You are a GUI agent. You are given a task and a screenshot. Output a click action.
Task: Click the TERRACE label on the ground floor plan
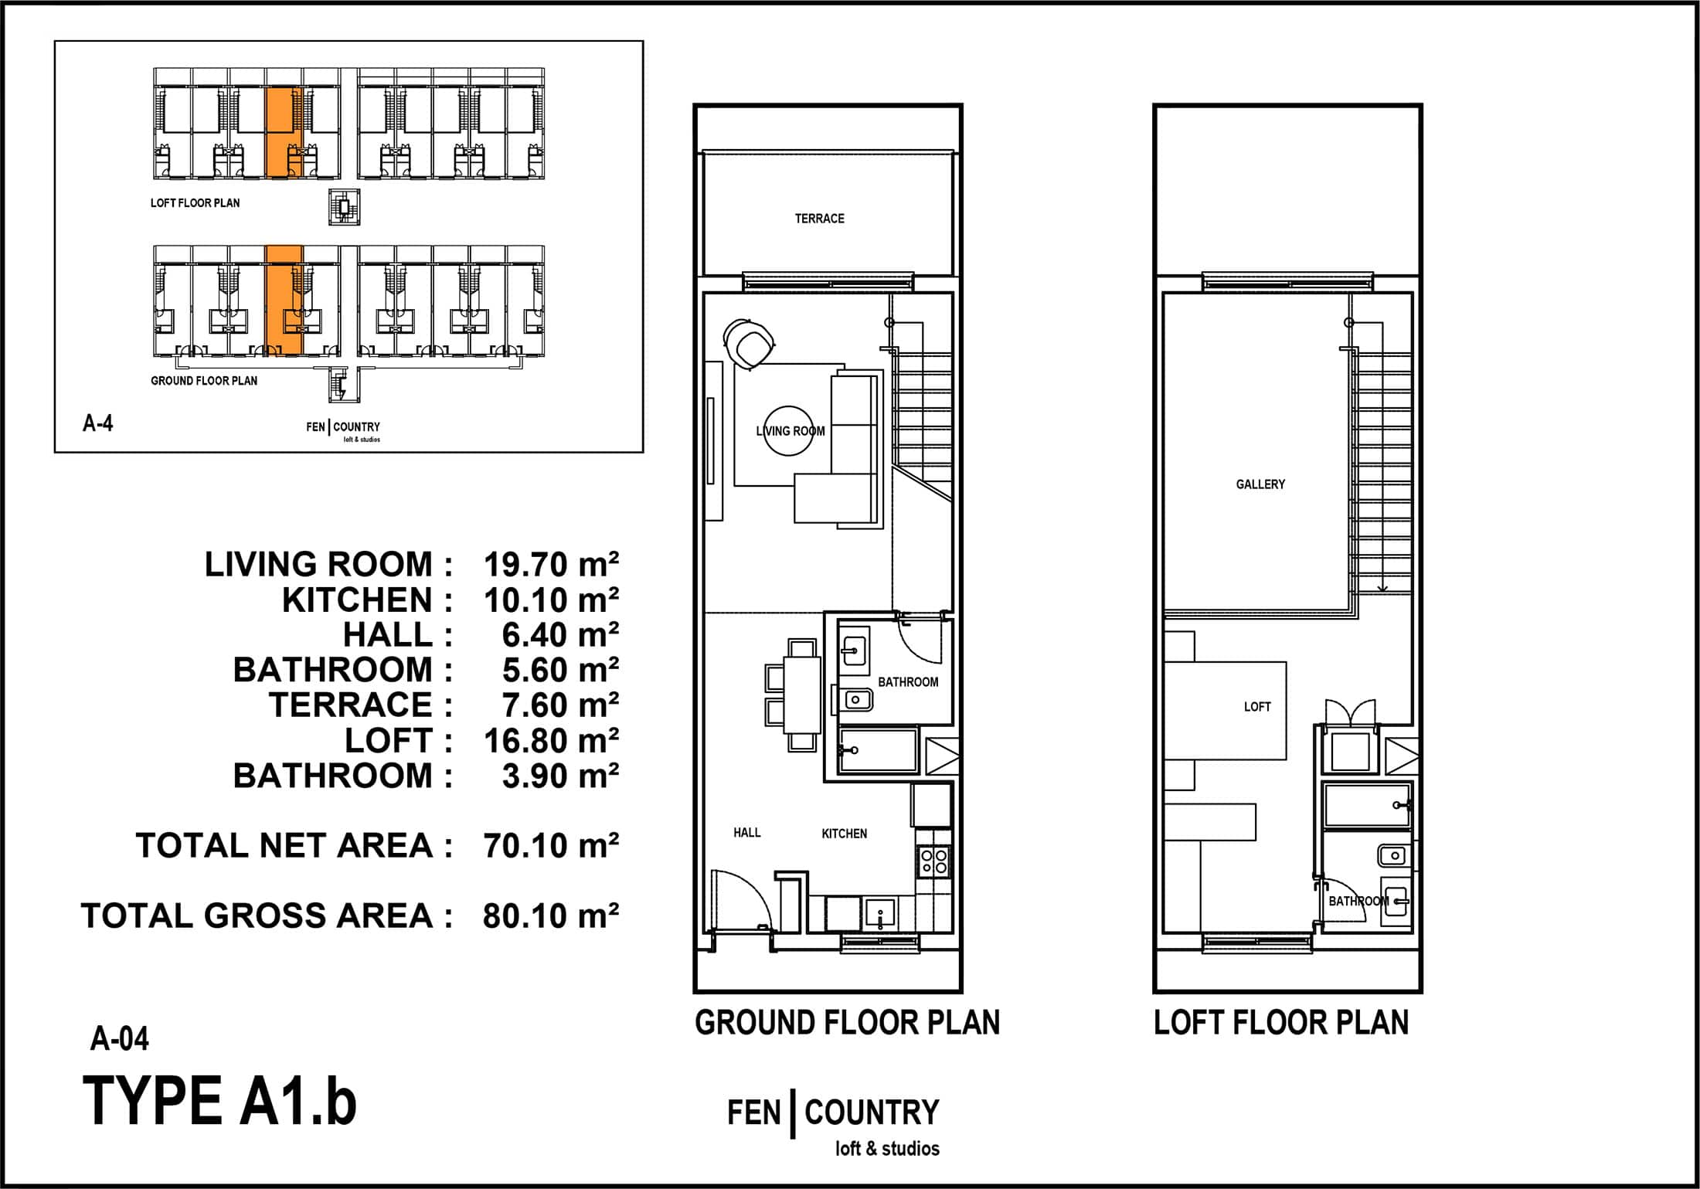tap(819, 219)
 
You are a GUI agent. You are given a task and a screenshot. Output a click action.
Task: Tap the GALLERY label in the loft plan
tap(1260, 484)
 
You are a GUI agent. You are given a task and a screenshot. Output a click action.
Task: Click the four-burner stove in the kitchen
tap(933, 861)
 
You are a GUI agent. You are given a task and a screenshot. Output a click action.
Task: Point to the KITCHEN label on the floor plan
tap(844, 834)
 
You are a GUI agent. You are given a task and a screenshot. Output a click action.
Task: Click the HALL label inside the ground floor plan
tap(747, 832)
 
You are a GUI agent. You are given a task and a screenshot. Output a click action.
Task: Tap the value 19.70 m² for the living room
tap(551, 565)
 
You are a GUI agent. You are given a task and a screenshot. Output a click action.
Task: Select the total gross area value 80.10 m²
tap(551, 916)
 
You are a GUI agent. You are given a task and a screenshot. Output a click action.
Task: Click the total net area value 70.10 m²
tap(551, 846)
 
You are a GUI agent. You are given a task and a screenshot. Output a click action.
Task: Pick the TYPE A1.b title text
tap(219, 1102)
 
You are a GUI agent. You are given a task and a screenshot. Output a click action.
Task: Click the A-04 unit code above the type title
tap(120, 1039)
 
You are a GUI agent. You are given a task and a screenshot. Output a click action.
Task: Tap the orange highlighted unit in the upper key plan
tap(284, 133)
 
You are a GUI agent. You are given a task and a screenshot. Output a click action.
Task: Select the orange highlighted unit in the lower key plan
tap(284, 301)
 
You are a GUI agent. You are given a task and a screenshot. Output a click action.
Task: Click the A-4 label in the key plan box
tap(98, 423)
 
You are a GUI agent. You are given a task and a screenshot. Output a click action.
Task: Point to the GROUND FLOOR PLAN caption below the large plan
tap(848, 1023)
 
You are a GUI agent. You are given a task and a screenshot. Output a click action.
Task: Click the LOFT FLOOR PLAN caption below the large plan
tap(1281, 1023)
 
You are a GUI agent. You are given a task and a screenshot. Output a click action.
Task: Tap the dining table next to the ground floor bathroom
tap(802, 695)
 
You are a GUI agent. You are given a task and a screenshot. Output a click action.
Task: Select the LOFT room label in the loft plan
tap(1257, 707)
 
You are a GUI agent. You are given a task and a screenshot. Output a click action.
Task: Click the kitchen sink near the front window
tap(879, 913)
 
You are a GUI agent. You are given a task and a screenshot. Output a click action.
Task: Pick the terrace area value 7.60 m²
tap(560, 705)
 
